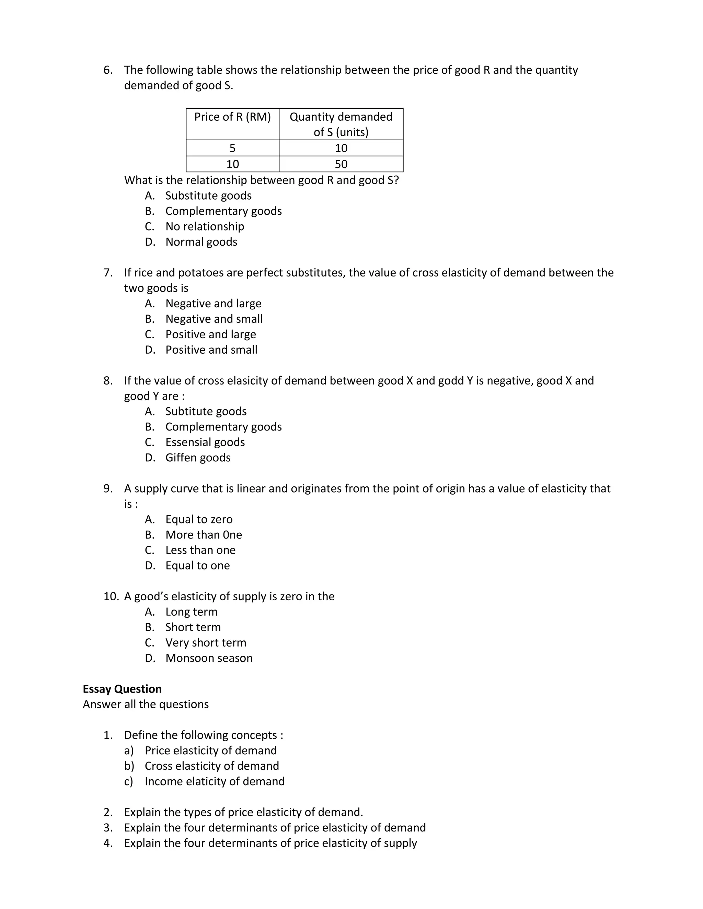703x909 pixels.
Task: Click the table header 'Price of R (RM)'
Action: point(232,117)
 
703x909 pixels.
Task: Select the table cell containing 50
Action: point(341,164)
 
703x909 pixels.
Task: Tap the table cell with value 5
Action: point(232,148)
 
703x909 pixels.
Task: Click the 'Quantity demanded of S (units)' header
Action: point(341,124)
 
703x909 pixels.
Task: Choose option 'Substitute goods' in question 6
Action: point(208,196)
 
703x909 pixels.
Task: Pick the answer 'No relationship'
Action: point(205,226)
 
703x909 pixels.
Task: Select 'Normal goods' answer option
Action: point(201,242)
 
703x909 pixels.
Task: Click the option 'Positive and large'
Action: point(210,334)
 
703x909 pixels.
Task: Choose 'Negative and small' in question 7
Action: point(214,319)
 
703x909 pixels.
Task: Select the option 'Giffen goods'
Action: point(198,458)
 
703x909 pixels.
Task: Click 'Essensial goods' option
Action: point(205,442)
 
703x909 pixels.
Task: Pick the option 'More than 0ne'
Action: point(203,535)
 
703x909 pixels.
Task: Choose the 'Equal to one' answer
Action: point(197,566)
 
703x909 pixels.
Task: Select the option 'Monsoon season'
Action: point(209,658)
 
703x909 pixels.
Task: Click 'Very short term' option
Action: point(206,642)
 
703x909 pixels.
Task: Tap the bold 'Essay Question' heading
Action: point(122,689)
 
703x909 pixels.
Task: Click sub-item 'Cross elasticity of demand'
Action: point(211,766)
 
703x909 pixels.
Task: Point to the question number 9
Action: point(108,488)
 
